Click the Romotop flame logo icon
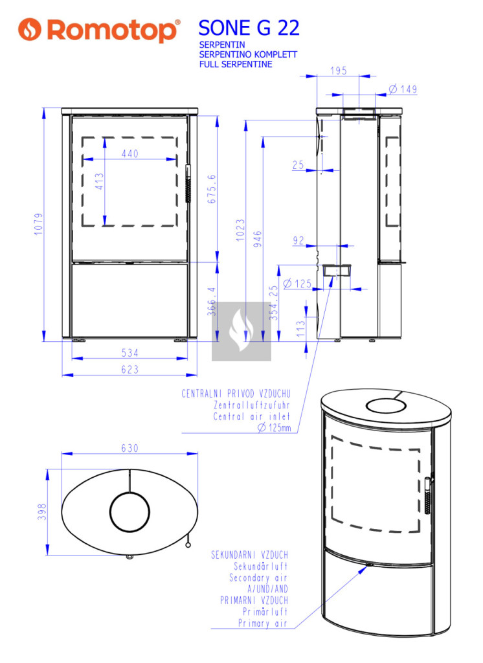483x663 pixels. pyautogui.click(x=30, y=29)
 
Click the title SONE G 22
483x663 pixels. pyautogui.click(x=249, y=28)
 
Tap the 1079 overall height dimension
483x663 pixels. pyautogui.click(x=38, y=224)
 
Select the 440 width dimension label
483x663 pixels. pyautogui.click(x=130, y=153)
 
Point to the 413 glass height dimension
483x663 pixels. pyautogui.click(x=99, y=181)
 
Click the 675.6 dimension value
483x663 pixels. pyautogui.click(x=212, y=188)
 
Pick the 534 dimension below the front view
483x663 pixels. pyautogui.click(x=130, y=353)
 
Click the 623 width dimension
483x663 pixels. pyautogui.click(x=130, y=370)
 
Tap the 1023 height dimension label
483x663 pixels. pyautogui.click(x=240, y=230)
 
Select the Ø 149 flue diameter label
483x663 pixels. pyautogui.click(x=403, y=89)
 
